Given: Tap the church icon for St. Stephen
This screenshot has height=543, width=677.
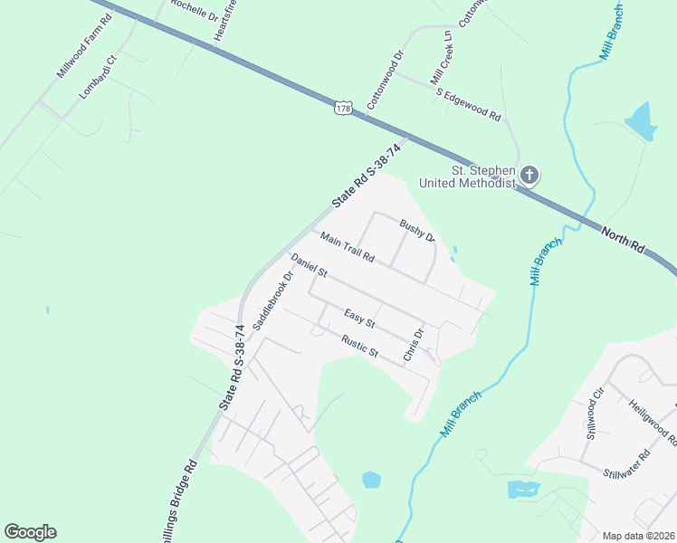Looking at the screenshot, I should (529, 175).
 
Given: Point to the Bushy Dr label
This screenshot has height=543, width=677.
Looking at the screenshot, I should (418, 232).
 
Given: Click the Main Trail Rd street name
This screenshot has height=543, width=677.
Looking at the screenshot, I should (347, 246).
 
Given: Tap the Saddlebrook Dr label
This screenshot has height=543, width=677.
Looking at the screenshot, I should (273, 300).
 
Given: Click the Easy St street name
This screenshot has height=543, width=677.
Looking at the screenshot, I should (359, 319).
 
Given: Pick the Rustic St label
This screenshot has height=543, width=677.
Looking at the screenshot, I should (359, 347).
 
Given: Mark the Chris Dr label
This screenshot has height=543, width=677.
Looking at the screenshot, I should (414, 345).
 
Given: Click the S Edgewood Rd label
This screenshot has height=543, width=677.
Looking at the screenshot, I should (468, 105).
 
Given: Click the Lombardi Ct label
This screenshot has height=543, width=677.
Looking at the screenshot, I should (98, 77).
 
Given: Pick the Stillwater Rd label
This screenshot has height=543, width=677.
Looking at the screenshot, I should (626, 464).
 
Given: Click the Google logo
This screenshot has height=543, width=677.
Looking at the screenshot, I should (30, 532).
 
